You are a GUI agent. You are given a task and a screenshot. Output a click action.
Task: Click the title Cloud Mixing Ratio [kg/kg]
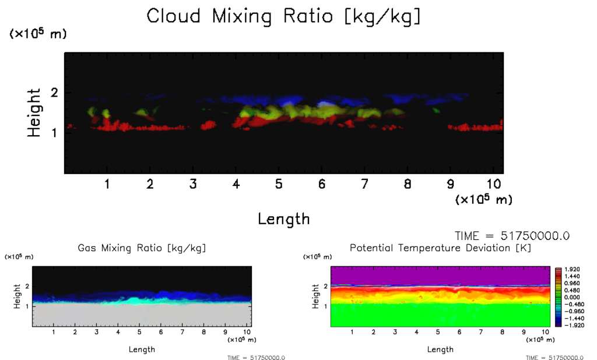click(x=283, y=16)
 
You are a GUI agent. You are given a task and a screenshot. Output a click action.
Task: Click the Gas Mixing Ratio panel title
click(x=142, y=248)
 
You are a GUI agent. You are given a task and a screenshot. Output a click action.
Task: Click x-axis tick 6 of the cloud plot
click(x=321, y=185)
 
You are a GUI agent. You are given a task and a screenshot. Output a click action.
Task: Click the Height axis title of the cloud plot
click(x=34, y=112)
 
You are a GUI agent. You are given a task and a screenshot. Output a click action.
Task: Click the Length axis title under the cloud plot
click(x=284, y=219)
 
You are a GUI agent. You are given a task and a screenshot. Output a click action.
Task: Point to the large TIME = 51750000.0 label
click(x=511, y=236)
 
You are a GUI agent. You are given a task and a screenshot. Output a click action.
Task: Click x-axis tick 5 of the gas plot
click(x=139, y=332)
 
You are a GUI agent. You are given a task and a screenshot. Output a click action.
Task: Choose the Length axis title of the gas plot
click(x=142, y=349)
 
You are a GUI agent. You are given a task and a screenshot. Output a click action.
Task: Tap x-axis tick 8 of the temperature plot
click(x=481, y=332)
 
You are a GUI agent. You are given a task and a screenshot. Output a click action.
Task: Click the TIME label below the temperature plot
click(x=554, y=358)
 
